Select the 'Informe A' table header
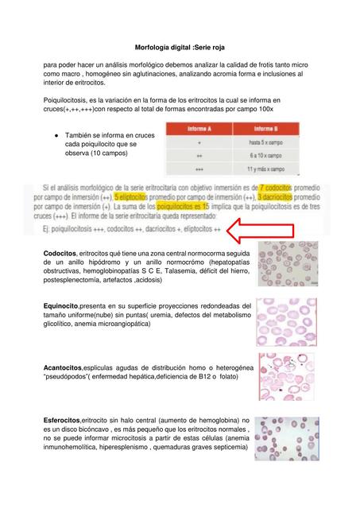click(199, 129)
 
